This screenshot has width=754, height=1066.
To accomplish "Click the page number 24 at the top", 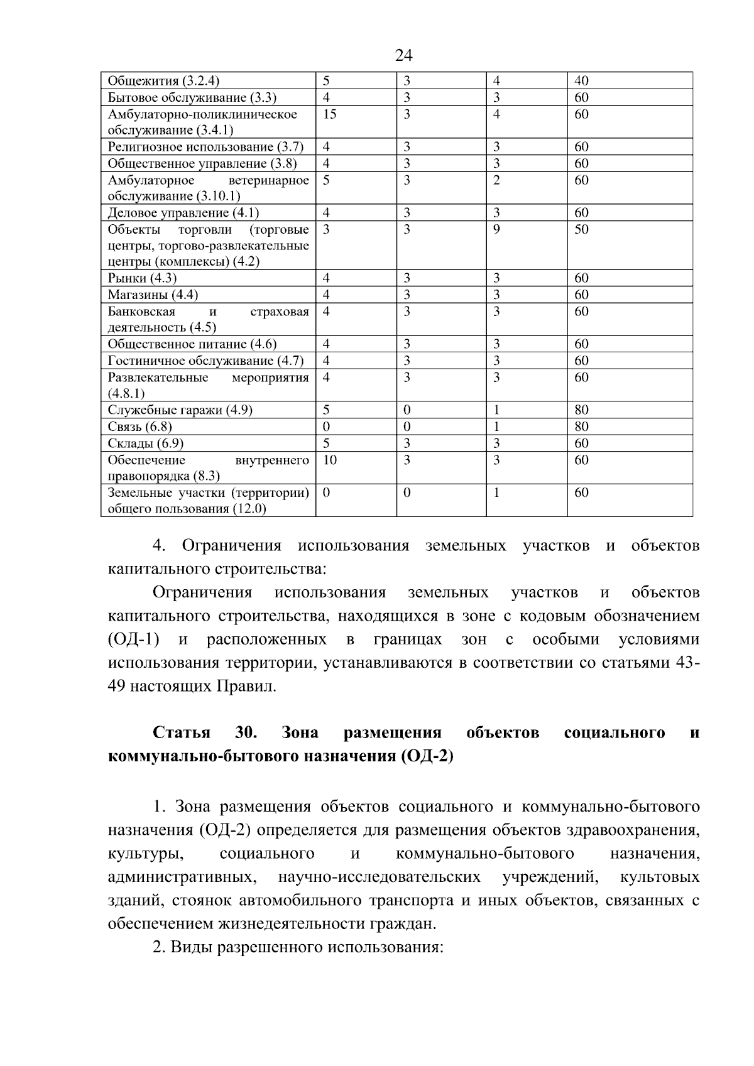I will [403, 56].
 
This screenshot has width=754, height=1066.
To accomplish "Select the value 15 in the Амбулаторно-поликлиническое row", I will [329, 114].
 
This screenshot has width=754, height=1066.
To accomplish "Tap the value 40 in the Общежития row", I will [581, 81].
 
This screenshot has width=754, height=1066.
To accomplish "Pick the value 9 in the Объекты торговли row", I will [496, 229].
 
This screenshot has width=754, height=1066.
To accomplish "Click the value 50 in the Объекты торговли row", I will [581, 229].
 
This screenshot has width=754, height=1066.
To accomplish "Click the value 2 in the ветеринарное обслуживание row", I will [496, 180].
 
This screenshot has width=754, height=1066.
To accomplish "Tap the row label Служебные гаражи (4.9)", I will [180, 410].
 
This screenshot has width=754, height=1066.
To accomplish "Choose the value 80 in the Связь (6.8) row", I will [581, 427].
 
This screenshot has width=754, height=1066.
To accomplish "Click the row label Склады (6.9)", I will [145, 443].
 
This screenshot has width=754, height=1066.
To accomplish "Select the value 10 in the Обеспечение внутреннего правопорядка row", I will [329, 460].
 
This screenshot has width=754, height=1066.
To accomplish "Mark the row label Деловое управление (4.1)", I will [183, 213].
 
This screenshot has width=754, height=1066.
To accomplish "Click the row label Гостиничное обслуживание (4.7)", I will [205, 361].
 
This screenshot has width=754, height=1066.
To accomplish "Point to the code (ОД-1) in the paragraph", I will [133, 640].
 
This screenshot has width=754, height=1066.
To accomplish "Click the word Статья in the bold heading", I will [182, 733].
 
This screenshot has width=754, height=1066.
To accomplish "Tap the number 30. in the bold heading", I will [244, 733].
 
